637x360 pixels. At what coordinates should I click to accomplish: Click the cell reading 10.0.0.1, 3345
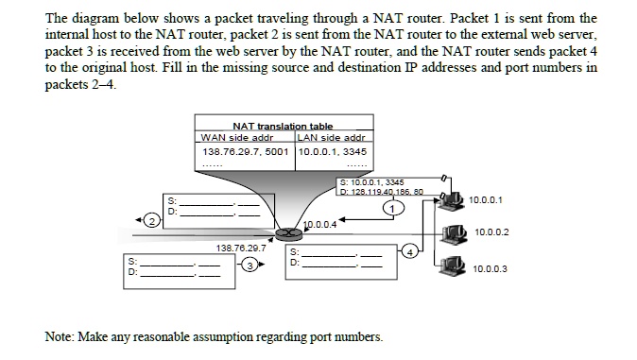pos(333,151)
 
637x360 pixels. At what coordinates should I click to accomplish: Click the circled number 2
pos(149,220)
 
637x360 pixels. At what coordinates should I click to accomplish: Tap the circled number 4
pos(408,251)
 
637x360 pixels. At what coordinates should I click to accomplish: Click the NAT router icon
pos(281,233)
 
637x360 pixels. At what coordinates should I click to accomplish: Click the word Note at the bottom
pos(60,336)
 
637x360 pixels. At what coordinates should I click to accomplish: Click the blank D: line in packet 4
pos(336,263)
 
